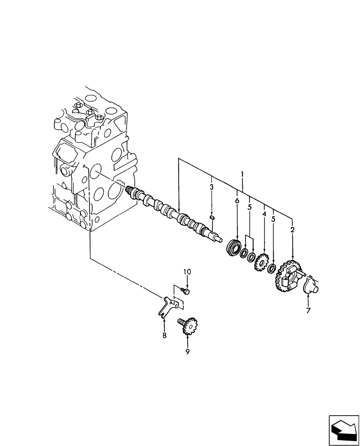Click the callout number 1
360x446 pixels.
[242, 173]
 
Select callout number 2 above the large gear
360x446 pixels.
[292, 230]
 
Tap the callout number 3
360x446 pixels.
[212, 187]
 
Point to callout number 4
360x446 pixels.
[265, 215]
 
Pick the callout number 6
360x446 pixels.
[237, 201]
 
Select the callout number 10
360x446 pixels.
[187, 272]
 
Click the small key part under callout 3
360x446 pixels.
[213, 218]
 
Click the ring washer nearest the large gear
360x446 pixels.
[271, 269]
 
